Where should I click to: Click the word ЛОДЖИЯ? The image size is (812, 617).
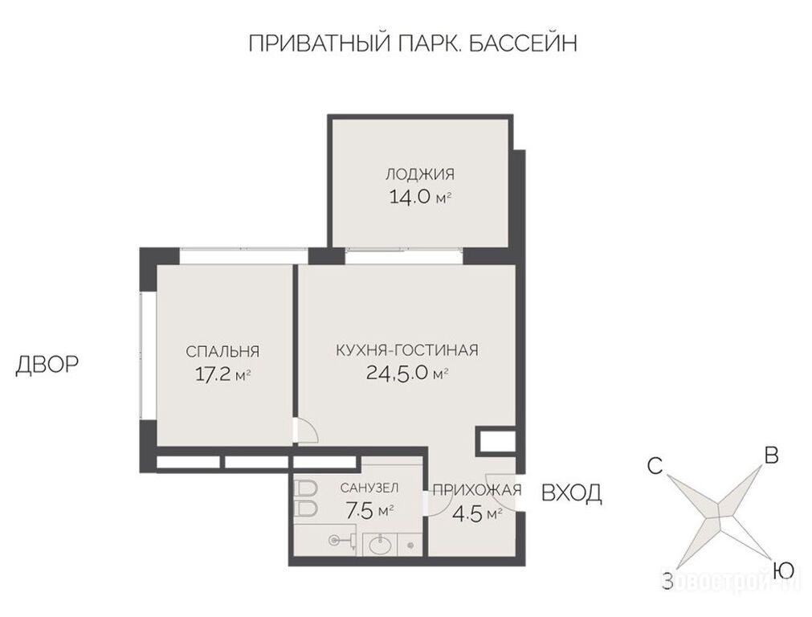point(419,174)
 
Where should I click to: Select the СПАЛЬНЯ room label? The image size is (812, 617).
point(222,352)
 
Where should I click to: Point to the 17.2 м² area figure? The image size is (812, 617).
point(222,374)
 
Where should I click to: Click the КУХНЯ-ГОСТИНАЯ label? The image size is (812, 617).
point(407,350)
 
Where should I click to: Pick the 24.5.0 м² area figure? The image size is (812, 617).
point(407,373)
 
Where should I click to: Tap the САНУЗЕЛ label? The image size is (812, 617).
point(369,488)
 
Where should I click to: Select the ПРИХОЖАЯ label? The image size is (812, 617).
point(477,489)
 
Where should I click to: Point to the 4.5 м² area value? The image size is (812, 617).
point(477,514)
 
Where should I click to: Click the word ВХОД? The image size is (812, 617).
point(572,493)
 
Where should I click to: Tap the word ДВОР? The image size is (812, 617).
point(47,365)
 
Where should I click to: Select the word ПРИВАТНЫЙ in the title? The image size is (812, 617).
point(319,43)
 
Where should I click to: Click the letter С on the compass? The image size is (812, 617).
point(655,466)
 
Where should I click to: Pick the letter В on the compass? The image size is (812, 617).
point(772,456)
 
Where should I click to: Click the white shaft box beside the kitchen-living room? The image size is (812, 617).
point(496,441)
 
